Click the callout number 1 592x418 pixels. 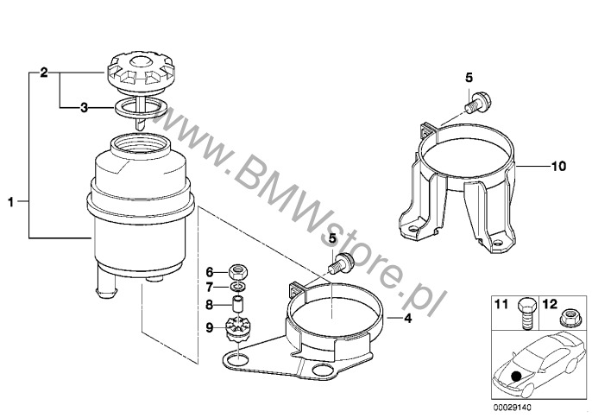tap(11, 202)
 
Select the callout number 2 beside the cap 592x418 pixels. tap(44, 73)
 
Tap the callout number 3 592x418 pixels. tap(84, 108)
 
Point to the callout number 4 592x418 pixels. tap(407, 318)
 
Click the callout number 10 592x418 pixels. tap(559, 166)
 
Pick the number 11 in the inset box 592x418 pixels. tap(501, 304)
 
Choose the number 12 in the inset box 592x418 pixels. tap(550, 304)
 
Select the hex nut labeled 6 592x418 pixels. tap(238, 271)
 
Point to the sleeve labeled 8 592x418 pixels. tap(237, 304)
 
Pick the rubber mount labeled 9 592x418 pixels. tap(236, 328)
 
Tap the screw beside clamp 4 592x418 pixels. tap(342, 263)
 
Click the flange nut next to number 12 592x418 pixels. tap(568, 318)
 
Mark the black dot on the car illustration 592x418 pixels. tap(516, 376)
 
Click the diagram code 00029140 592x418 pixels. tap(512, 408)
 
